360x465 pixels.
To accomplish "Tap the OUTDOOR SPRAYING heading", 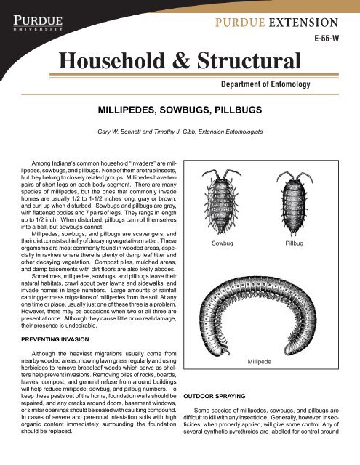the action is [217, 397].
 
